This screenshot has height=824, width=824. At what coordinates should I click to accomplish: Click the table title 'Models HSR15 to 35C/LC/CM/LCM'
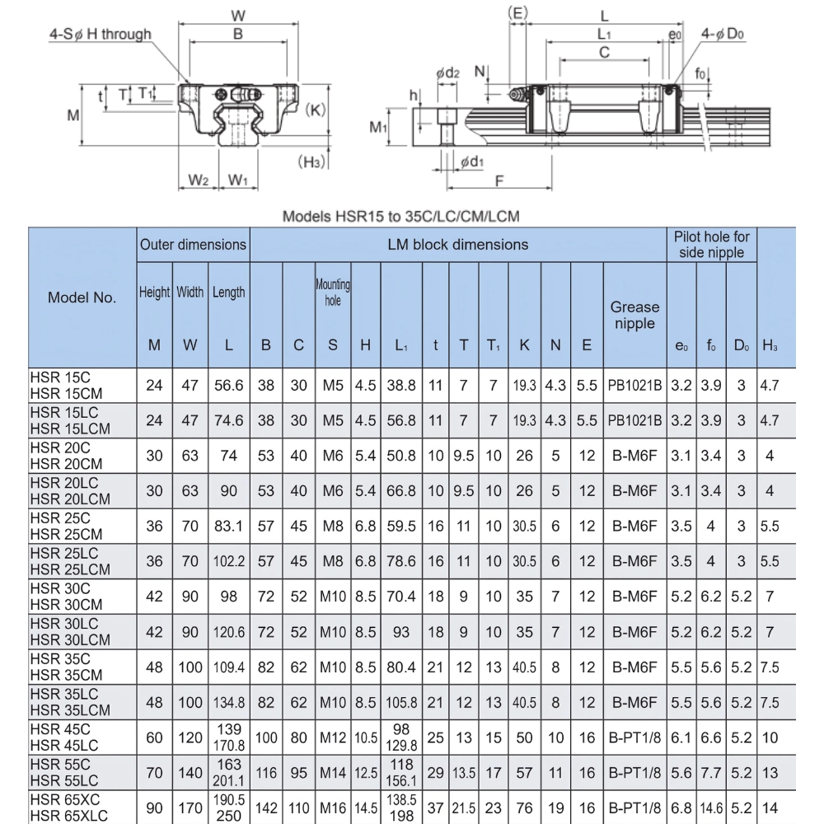coord(401,217)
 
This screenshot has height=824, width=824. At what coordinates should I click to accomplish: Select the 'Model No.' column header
coord(82,297)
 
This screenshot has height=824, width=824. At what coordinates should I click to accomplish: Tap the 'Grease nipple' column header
coord(634,315)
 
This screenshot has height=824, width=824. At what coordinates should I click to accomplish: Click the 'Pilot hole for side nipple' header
coord(712,245)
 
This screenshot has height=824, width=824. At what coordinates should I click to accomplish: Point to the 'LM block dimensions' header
coord(457,245)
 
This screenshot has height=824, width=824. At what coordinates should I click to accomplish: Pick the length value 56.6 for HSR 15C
coord(228,385)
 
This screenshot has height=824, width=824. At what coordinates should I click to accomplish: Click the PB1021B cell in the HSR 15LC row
coord(634,420)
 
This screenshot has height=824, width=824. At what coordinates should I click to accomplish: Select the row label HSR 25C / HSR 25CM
coord(69,526)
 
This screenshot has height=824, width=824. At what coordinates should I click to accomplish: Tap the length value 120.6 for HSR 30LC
coord(228,632)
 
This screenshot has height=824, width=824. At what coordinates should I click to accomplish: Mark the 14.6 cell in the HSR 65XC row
coord(711,808)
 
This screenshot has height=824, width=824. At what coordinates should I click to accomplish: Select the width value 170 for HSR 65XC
coord(190,808)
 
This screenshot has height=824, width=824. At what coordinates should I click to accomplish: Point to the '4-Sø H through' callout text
coord(100,35)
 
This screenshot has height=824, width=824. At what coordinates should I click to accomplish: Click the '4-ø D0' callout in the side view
coord(723,34)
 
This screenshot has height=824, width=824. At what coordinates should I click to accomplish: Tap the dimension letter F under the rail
coord(499,181)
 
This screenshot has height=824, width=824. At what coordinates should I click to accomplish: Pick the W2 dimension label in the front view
coord(198,180)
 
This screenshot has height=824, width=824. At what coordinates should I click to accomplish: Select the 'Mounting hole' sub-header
coord(333,293)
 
